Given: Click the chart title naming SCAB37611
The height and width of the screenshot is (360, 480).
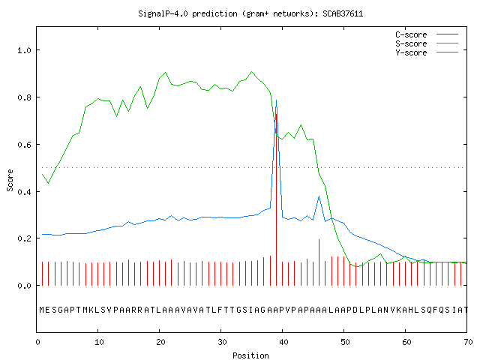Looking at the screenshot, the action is (250, 13).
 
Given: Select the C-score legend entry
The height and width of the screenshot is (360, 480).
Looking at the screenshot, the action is (427, 34).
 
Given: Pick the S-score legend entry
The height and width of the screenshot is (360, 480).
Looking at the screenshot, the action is (427, 43).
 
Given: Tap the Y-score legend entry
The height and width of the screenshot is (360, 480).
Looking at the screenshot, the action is (427, 52).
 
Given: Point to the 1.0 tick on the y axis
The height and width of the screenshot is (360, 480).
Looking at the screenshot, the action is (24, 50).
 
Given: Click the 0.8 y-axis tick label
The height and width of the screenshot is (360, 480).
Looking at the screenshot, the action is (24, 97).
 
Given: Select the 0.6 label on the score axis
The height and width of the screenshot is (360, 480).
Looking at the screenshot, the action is (24, 145).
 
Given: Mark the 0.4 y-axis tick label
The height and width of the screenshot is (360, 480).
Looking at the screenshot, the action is (24, 192).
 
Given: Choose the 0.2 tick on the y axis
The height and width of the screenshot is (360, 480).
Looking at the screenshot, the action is (24, 238).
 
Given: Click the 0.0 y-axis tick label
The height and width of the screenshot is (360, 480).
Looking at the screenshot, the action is (24, 286).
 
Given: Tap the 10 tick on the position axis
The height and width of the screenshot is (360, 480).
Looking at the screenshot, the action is (99, 342).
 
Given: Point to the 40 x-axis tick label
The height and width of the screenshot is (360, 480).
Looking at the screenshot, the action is (283, 342).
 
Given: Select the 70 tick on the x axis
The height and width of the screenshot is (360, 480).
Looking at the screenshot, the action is (468, 342).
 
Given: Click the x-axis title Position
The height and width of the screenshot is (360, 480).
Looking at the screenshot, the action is (250, 355).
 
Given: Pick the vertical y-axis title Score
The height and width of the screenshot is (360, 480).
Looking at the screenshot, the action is (10, 180).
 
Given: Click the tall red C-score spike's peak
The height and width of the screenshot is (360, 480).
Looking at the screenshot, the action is (277, 114).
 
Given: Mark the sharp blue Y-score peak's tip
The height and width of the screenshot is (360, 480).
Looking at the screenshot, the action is (276, 100).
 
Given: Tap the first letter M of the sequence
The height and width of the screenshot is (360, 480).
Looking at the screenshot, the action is (42, 310).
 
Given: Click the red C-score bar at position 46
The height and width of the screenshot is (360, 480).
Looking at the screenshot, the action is (319, 262).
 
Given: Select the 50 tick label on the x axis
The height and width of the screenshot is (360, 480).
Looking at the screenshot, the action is (345, 342).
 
